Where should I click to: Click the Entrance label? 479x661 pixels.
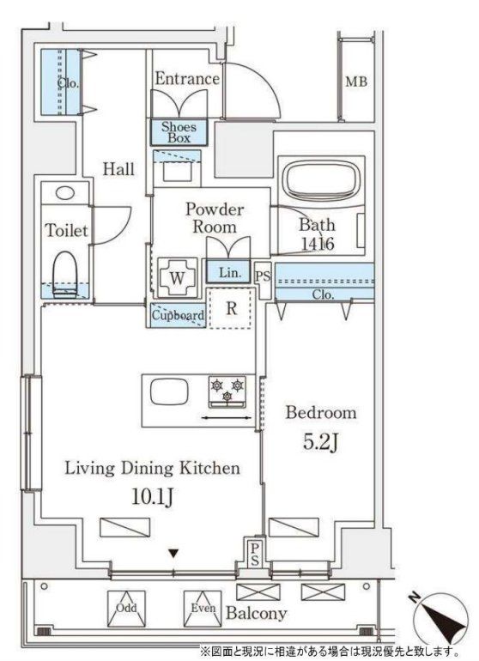(187, 79)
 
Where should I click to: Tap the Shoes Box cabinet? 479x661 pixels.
(179, 132)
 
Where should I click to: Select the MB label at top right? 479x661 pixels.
(356, 82)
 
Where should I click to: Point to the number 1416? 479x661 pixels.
(318, 244)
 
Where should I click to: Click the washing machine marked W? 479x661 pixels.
(177, 278)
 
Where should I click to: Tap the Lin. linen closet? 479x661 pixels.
(230, 272)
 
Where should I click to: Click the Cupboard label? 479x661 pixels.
(178, 315)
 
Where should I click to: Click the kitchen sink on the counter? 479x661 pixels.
(169, 392)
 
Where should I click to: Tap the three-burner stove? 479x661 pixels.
(227, 392)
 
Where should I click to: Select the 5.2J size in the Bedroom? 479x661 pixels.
(321, 442)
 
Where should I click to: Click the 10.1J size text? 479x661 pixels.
(152, 497)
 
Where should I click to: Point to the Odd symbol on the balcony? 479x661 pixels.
(126, 608)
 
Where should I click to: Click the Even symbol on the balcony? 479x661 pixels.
(203, 608)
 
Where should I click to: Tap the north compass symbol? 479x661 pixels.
(440, 619)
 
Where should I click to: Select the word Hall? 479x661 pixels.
(119, 169)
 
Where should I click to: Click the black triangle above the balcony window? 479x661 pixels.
(173, 553)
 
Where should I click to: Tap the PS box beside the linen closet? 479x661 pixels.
(263, 277)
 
